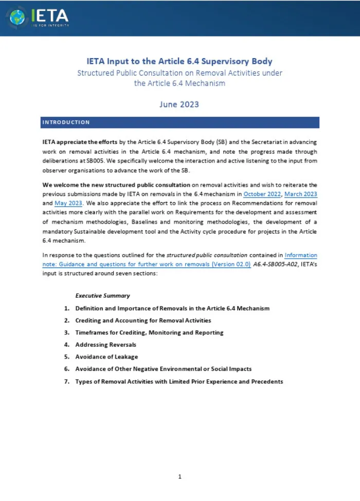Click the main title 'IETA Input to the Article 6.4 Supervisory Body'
click(x=179, y=62)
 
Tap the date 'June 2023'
click(x=179, y=104)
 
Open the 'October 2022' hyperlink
click(x=262, y=194)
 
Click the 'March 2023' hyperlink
click(x=301, y=194)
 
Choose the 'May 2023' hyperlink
click(x=68, y=203)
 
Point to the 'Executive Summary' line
click(x=102, y=295)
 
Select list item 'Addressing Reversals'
click(x=106, y=345)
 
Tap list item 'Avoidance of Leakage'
click(x=106, y=356)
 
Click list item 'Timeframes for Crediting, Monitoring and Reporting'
click(x=149, y=332)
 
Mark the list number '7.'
click(x=67, y=381)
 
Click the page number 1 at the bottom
click(x=179, y=476)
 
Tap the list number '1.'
click(x=67, y=308)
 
